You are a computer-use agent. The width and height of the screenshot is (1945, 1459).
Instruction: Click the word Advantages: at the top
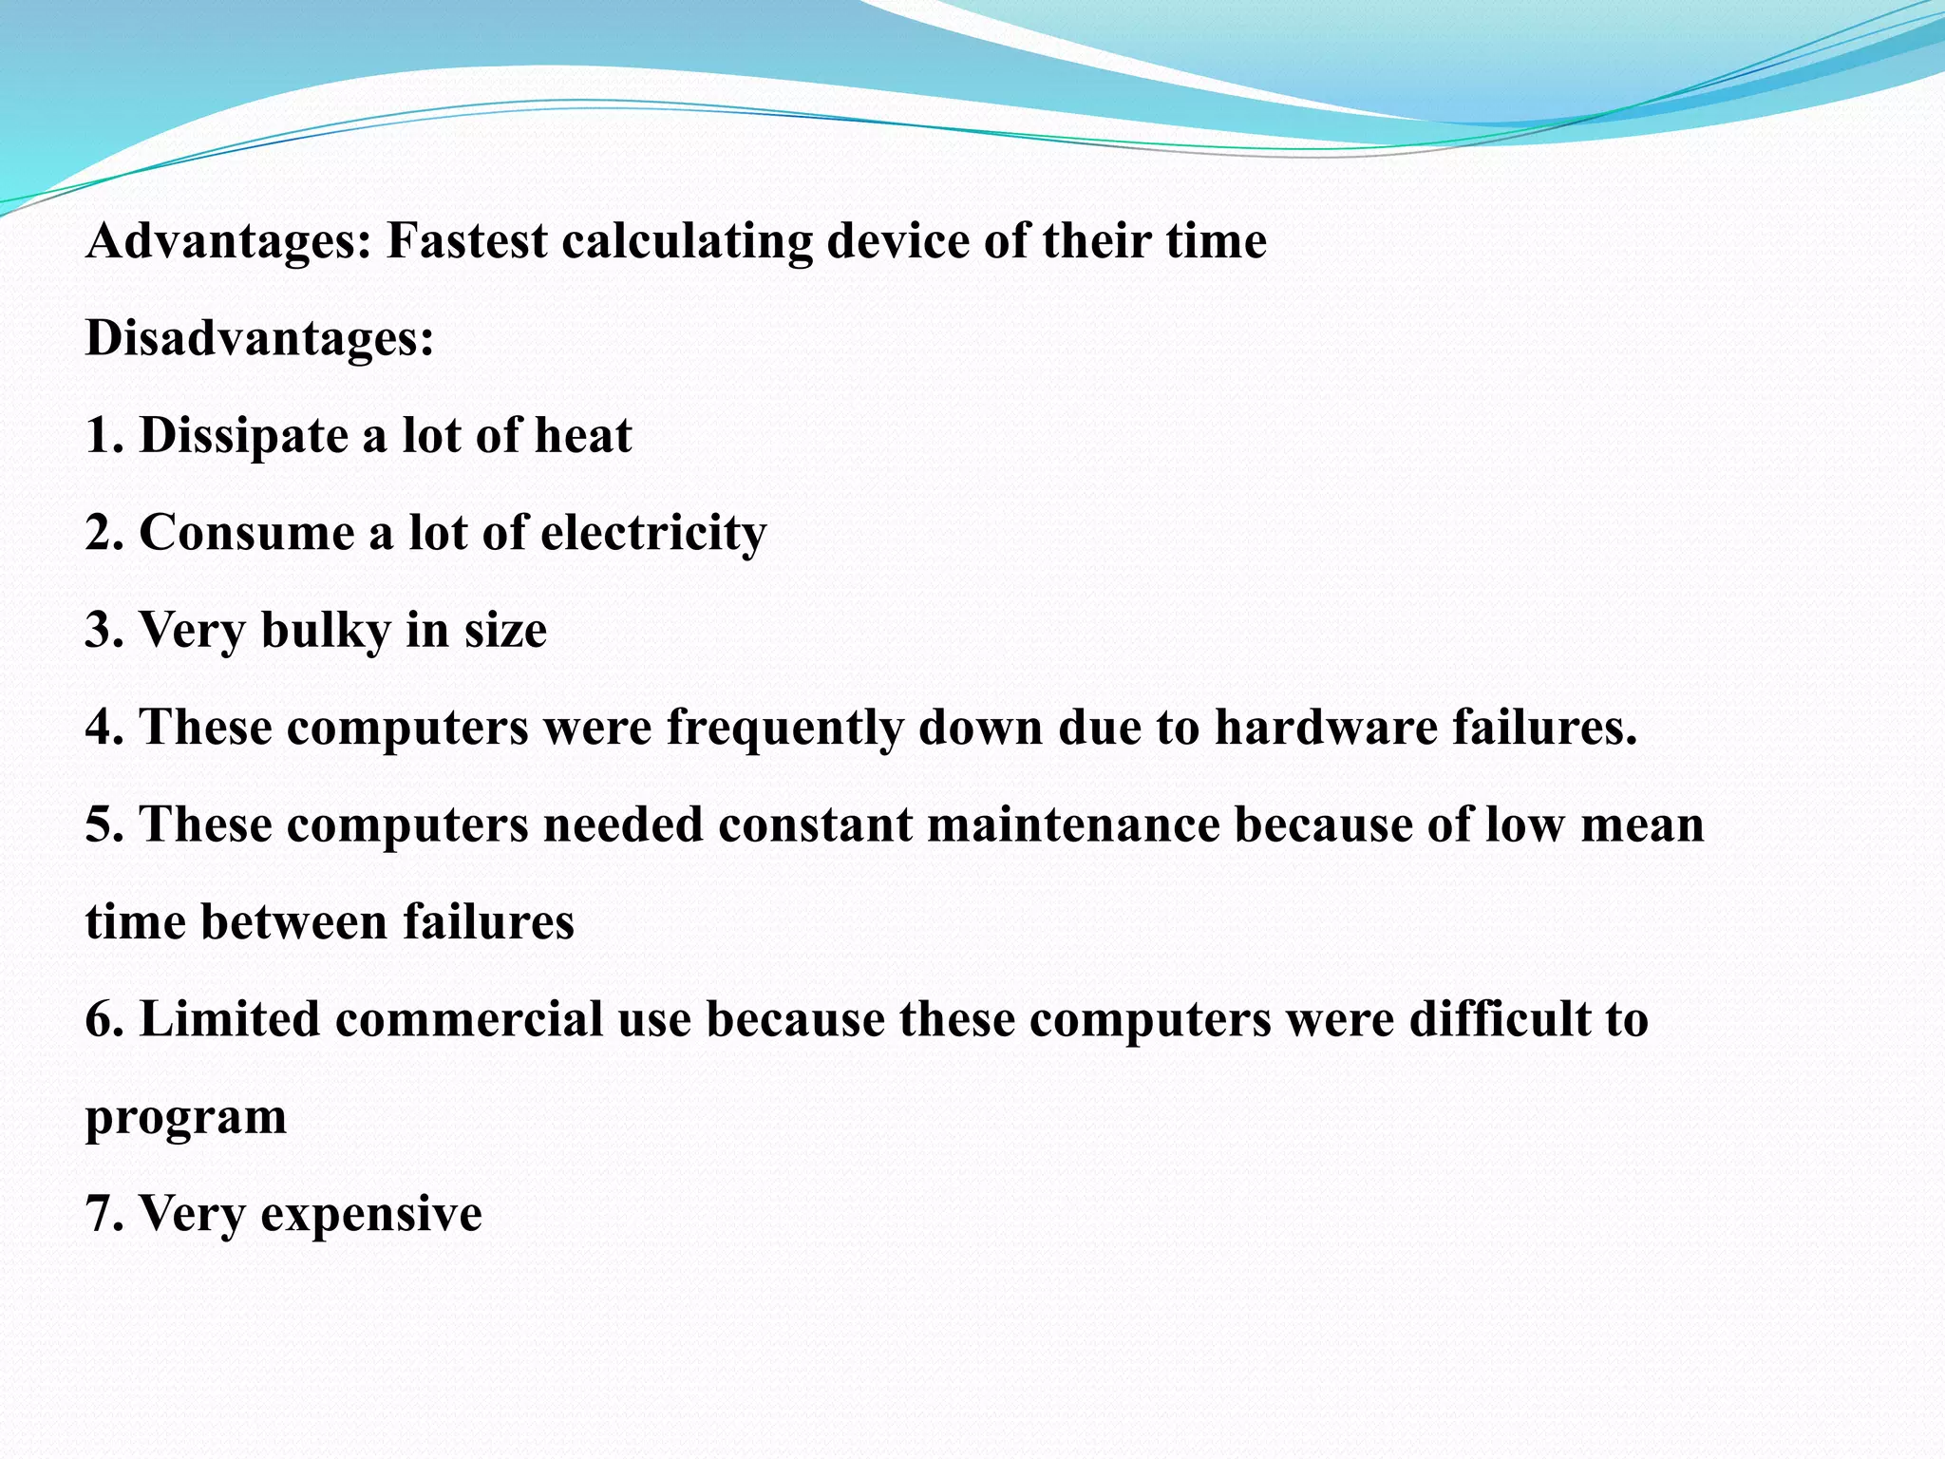[227, 241]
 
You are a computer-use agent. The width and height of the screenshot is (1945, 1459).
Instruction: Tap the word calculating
[687, 241]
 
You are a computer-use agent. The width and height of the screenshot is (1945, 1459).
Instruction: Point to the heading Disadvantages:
[259, 338]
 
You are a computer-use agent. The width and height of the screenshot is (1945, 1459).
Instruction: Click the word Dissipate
[244, 437]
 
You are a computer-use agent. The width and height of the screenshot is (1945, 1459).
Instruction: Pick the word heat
[583, 436]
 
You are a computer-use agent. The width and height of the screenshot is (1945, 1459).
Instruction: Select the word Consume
[246, 533]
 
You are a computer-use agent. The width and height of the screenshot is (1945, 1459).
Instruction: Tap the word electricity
[653, 533]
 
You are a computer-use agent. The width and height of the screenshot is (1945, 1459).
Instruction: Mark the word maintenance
[1073, 824]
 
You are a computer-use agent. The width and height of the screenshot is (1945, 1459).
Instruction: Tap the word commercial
[469, 1019]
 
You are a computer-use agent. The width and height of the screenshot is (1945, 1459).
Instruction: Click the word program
[186, 1119]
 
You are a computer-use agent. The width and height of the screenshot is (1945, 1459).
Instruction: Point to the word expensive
[371, 1214]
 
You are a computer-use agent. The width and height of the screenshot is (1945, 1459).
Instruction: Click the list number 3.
[99, 631]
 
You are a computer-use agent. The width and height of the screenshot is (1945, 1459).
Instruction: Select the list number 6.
[99, 1019]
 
